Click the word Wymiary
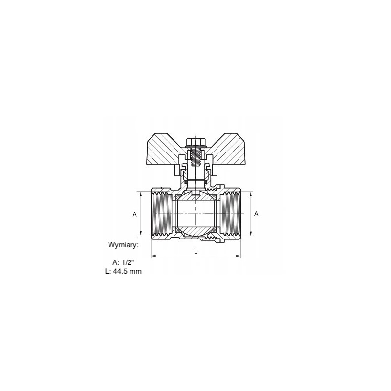click(123, 245)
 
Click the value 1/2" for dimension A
click(127, 262)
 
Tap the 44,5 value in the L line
click(121, 271)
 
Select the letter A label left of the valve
click(135, 214)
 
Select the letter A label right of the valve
click(256, 214)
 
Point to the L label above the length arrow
click(196, 252)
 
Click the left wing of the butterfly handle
click(165, 150)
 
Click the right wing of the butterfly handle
click(226, 150)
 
